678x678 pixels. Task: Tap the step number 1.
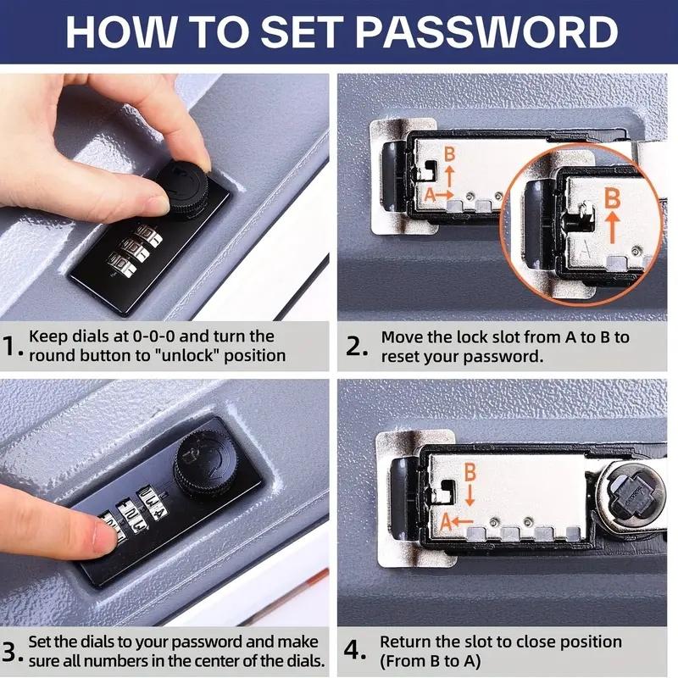(x=12, y=347)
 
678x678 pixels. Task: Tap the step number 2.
(x=356, y=347)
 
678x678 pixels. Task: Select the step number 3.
(x=12, y=652)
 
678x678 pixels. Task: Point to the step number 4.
(x=356, y=652)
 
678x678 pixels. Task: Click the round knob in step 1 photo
(x=181, y=184)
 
